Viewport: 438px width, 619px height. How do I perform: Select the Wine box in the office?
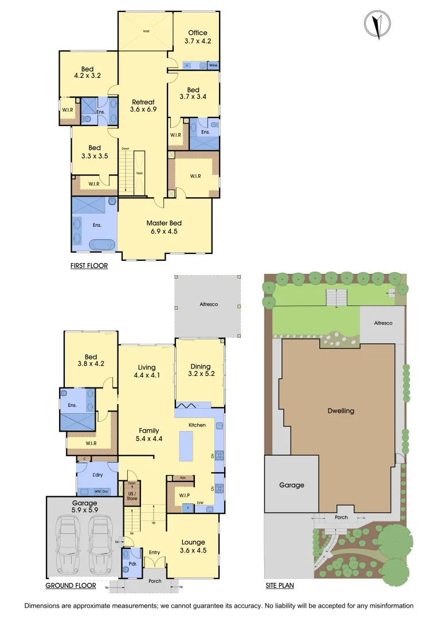[213, 65]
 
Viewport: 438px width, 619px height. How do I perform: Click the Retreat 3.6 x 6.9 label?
[143, 105]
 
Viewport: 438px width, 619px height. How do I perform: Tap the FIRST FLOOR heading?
[89, 266]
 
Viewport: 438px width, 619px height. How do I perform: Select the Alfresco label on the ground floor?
[208, 305]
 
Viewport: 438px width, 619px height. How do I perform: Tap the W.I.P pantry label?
[184, 494]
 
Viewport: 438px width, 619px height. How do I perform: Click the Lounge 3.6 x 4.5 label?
[193, 546]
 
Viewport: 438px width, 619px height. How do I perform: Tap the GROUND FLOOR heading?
[71, 586]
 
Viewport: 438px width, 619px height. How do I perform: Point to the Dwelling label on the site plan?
[341, 410]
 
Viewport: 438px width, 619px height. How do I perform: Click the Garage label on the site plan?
[291, 485]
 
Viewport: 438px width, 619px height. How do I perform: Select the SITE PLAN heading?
[280, 586]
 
